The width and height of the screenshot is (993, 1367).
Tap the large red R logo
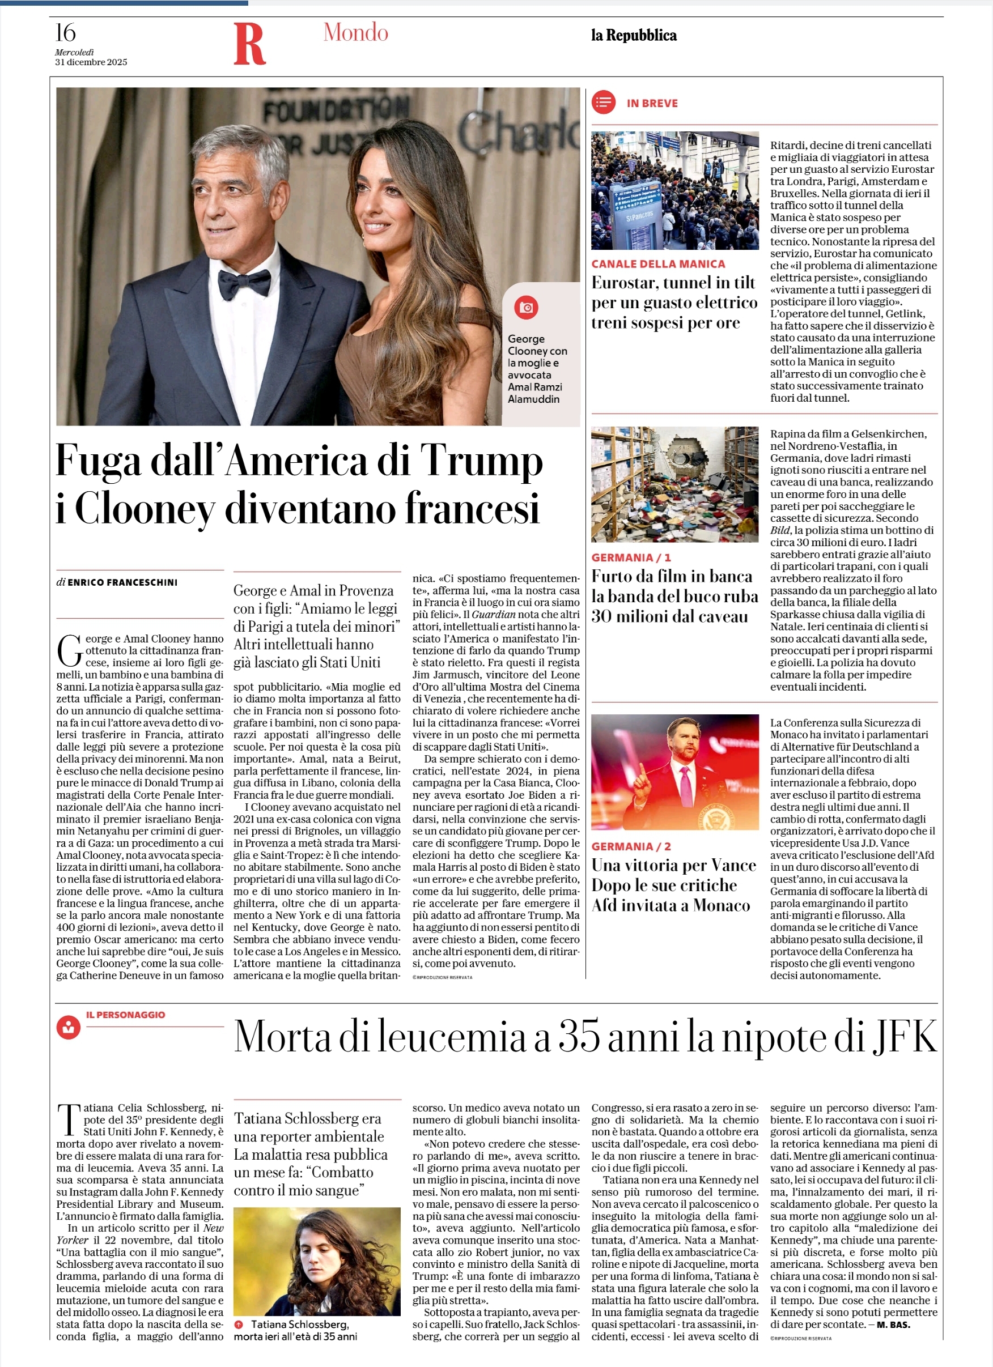click(x=249, y=44)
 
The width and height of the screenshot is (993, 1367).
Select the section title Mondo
click(x=356, y=32)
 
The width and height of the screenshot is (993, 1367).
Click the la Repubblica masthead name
click(x=634, y=36)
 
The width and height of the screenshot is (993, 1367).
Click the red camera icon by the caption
click(x=527, y=308)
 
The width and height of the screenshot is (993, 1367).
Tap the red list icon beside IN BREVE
click(x=604, y=103)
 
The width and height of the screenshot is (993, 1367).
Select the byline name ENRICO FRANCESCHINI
click(x=122, y=582)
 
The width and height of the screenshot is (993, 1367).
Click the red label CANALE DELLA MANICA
click(x=658, y=264)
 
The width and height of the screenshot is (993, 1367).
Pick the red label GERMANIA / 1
click(x=631, y=557)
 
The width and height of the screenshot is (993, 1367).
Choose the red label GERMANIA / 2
click(x=631, y=846)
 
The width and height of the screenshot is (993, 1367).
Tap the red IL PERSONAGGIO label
click(x=125, y=1015)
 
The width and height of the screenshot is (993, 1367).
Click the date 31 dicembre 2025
click(x=91, y=62)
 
